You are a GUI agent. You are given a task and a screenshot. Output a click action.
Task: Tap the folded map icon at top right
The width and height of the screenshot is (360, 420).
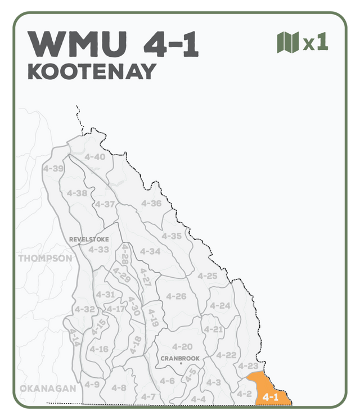[x=287, y=42]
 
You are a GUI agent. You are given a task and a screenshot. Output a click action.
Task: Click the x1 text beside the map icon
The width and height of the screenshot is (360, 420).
[x=316, y=43]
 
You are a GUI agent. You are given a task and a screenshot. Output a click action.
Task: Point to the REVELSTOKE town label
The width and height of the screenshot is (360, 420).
[x=89, y=239]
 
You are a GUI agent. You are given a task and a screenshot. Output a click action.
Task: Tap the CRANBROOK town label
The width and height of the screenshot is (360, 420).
[x=180, y=358]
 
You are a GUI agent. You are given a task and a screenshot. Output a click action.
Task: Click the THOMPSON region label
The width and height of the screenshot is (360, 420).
[x=46, y=259]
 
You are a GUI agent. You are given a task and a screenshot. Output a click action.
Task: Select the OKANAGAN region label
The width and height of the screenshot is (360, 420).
[x=48, y=389]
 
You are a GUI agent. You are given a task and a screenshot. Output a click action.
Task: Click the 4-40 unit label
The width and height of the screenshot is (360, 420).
[x=94, y=157]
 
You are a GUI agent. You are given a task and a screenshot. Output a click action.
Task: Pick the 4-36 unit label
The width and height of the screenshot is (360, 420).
[x=151, y=203]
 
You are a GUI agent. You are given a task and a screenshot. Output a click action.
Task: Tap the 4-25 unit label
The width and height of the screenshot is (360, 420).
[x=207, y=276]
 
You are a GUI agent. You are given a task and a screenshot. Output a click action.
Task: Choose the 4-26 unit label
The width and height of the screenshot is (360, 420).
[x=176, y=296]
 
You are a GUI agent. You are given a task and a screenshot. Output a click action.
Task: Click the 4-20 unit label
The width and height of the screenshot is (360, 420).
[x=182, y=346]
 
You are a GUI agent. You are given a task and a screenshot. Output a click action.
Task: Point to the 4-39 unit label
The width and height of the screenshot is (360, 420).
[x=53, y=168]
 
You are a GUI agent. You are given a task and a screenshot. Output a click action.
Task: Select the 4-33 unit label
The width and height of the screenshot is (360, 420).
[x=99, y=249]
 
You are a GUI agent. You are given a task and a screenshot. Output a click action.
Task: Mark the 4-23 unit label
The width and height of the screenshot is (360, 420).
[x=247, y=366]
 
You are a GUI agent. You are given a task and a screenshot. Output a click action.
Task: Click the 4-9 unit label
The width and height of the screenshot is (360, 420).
[x=92, y=385]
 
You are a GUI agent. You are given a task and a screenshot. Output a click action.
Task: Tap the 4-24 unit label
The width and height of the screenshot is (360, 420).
[x=220, y=306]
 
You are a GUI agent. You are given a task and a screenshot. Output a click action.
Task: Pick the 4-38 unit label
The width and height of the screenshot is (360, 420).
[x=77, y=193]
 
